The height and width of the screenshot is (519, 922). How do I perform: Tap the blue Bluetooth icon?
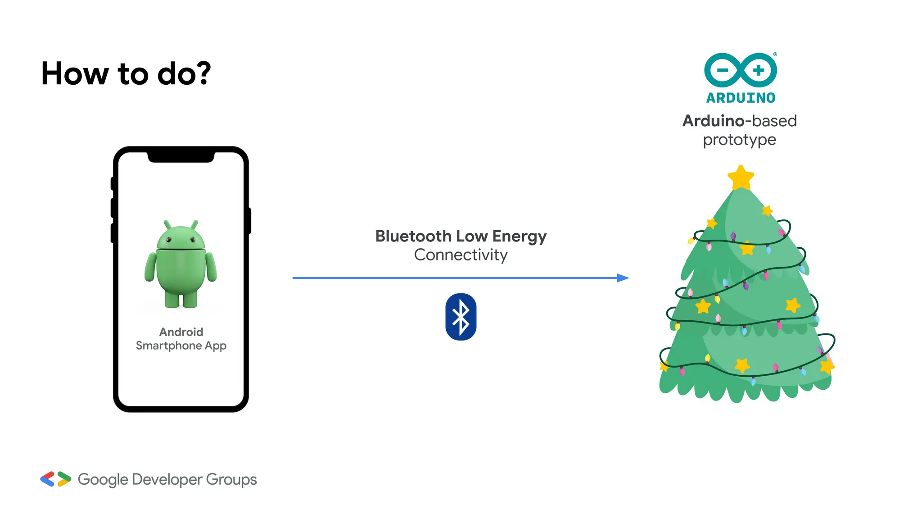(461, 317)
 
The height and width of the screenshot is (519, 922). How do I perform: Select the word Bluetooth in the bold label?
(413, 236)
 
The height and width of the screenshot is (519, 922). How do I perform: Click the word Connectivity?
(461, 255)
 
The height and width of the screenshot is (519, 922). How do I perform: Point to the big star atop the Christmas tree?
(741, 178)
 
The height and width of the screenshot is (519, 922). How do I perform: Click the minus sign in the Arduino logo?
(722, 70)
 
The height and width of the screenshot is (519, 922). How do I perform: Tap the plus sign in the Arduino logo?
(759, 70)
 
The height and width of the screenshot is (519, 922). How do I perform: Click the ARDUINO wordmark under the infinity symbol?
(741, 98)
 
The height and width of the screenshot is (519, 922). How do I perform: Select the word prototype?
(739, 140)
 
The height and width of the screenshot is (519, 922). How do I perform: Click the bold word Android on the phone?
(181, 332)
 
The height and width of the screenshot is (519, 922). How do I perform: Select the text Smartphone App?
(181, 346)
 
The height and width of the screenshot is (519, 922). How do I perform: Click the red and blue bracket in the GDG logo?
(47, 479)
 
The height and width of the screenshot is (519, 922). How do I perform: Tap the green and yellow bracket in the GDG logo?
(64, 479)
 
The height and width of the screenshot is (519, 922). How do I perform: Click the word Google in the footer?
(103, 479)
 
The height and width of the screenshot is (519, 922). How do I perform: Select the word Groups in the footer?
(231, 479)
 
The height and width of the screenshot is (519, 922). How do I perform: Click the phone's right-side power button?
(249, 221)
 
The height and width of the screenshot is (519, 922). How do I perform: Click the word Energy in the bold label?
(519, 236)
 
